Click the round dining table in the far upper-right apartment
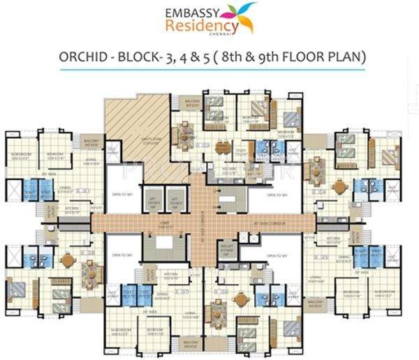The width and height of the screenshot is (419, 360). coord(340,186)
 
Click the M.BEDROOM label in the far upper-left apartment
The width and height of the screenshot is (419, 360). coord(20,155)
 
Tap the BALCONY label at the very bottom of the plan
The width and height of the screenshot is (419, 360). coord(189,343)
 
